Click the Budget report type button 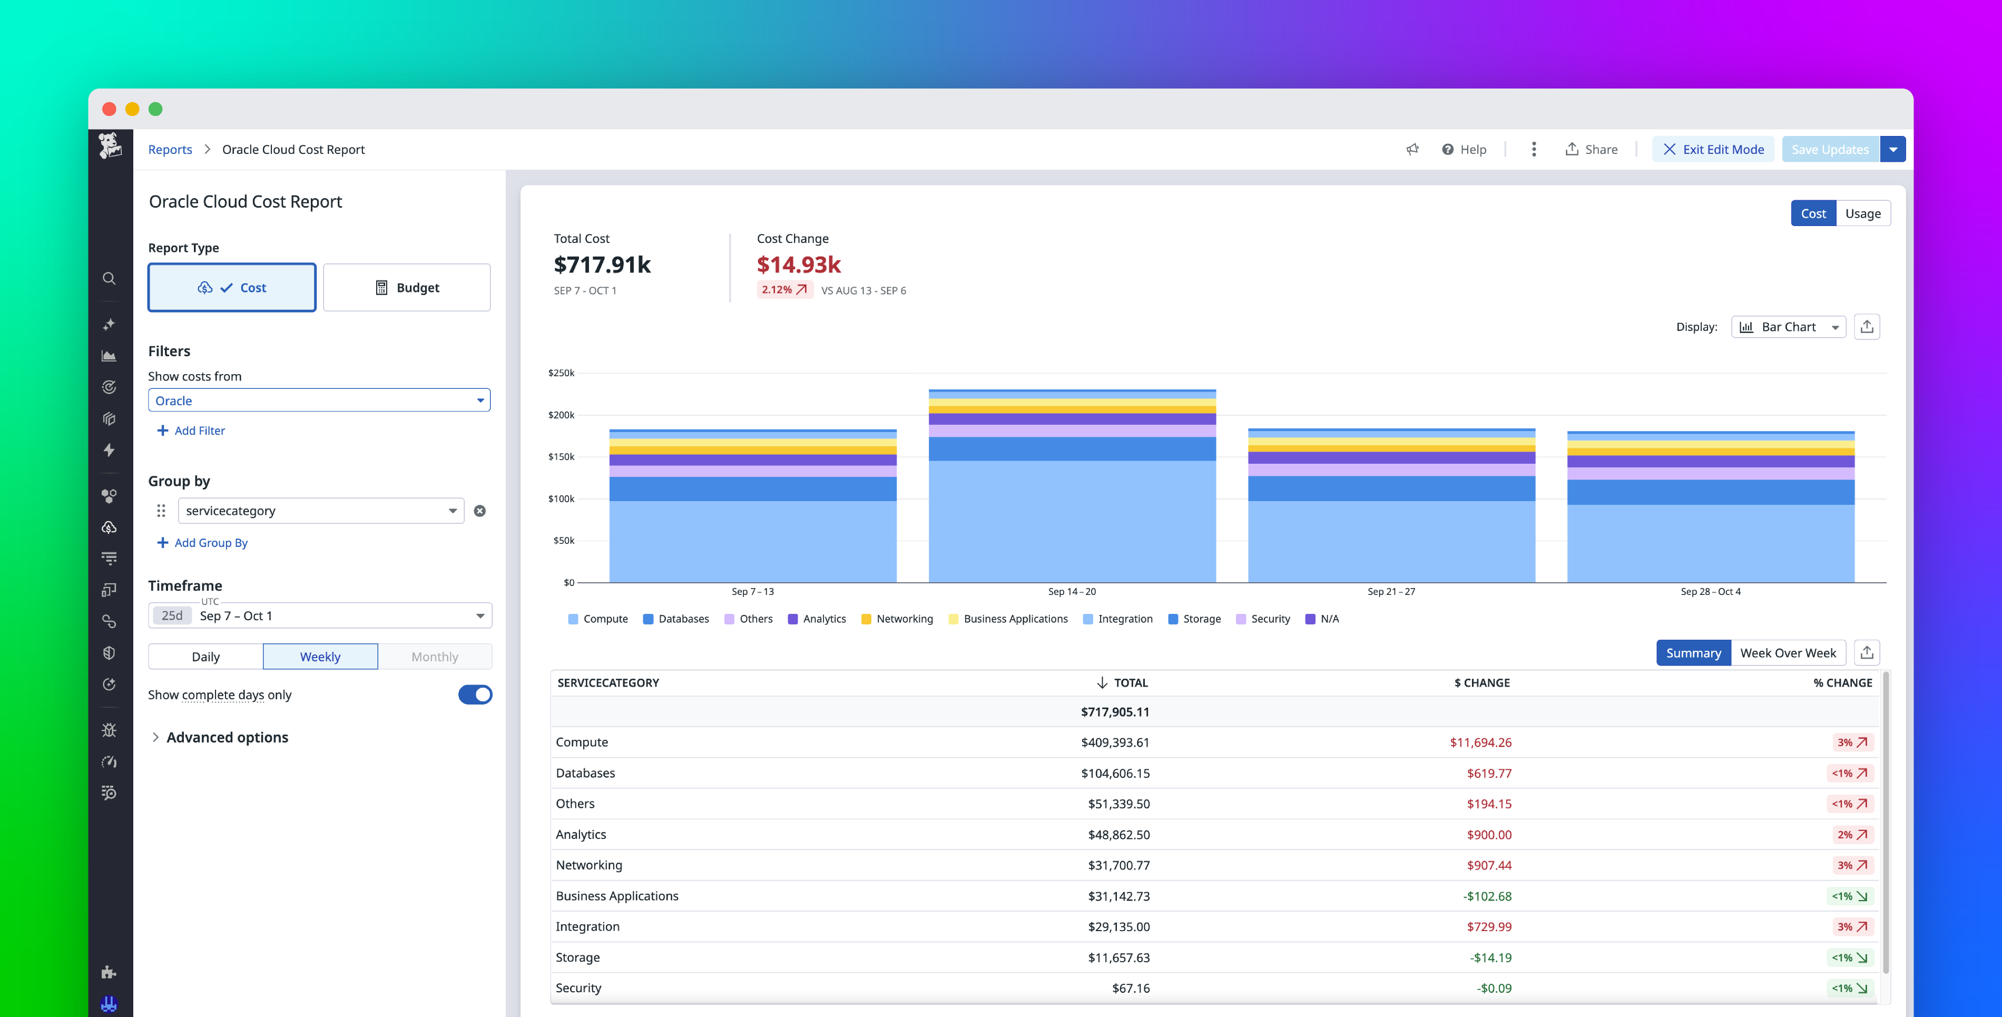[407, 288]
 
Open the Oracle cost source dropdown [319, 400]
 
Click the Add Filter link [191, 431]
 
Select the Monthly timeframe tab [435, 657]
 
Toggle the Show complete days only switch [475, 695]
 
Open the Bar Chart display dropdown [1788, 327]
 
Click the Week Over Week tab [1788, 653]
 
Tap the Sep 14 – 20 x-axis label [1072, 592]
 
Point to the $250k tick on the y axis [561, 373]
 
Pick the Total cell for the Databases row [1114, 773]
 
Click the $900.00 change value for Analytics [1488, 834]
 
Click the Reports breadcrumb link [170, 149]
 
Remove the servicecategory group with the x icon [479, 511]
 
